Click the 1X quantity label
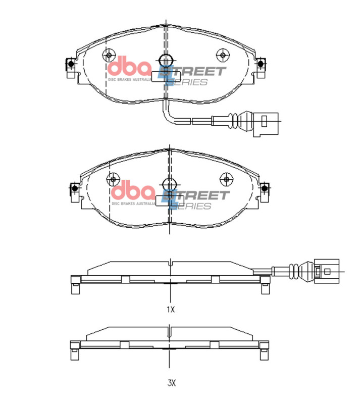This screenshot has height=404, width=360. click(x=171, y=310)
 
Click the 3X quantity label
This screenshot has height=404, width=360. click(x=171, y=383)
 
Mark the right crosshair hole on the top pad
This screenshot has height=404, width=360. click(x=223, y=55)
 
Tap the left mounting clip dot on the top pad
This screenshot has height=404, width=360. click(x=70, y=64)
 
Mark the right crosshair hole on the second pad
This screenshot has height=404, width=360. click(x=226, y=178)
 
